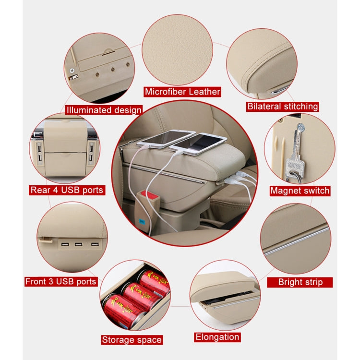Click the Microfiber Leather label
[182, 92]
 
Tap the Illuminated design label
[104, 110]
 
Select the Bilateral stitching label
[282, 106]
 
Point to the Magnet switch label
[300, 191]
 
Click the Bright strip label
[300, 282]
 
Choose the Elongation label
[217, 337]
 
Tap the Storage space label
[132, 340]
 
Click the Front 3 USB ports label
[61, 281]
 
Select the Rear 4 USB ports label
[67, 190]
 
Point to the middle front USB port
[78, 246]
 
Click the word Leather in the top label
[202, 92]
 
